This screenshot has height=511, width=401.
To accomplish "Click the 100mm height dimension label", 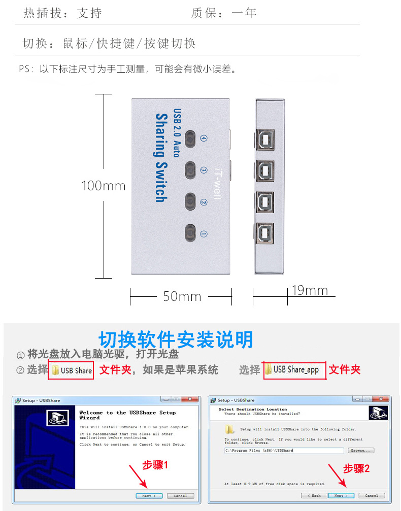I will click(x=104, y=186).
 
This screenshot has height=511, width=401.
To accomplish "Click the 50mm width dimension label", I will click(x=182, y=296).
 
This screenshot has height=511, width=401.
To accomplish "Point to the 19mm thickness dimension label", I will click(x=310, y=290).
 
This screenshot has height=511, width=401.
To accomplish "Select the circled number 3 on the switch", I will click(x=204, y=170).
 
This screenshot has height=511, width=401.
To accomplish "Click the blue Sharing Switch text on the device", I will click(x=161, y=158).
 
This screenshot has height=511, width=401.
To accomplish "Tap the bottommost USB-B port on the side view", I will click(x=264, y=234).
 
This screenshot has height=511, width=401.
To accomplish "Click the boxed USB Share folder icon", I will click(x=56, y=370).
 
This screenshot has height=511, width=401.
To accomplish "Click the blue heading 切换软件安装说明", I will click(x=176, y=339).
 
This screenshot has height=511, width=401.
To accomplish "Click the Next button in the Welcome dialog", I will click(x=149, y=495).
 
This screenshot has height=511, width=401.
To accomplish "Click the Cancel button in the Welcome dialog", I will click(x=180, y=495).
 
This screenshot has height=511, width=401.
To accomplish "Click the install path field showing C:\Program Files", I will click(x=284, y=450).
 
